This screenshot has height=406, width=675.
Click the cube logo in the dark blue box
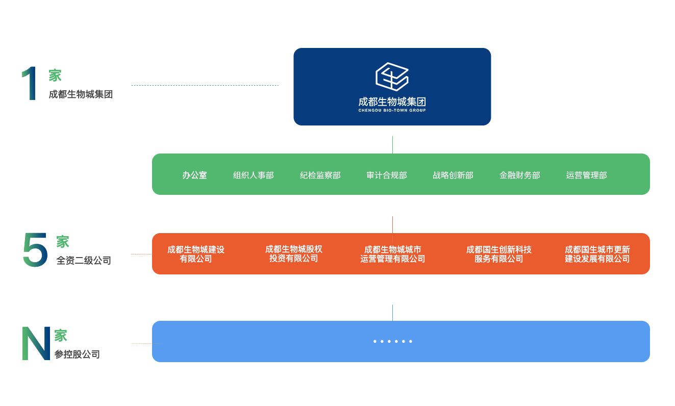pyautogui.click(x=392, y=77)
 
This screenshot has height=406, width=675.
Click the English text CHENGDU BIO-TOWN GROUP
pyautogui.click(x=392, y=110)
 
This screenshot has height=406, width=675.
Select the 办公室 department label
pyautogui.click(x=194, y=175)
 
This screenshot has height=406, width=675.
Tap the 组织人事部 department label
pyautogui.click(x=254, y=175)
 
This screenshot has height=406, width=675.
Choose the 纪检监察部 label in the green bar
pyautogui.click(x=320, y=175)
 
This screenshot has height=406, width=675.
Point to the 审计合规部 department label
pyautogui.click(x=387, y=175)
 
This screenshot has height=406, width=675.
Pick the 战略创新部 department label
pyautogui.click(x=453, y=175)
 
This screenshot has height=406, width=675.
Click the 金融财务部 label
pyautogui.click(x=519, y=175)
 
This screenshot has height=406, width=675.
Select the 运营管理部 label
pyautogui.click(x=586, y=175)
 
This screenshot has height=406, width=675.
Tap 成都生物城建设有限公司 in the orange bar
pyautogui.click(x=196, y=254)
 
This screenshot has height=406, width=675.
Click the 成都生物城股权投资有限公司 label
pyautogui.click(x=294, y=254)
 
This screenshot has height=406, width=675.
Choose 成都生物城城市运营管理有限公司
pyautogui.click(x=392, y=254)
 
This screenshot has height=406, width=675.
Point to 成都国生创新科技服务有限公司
pyautogui.click(x=498, y=254)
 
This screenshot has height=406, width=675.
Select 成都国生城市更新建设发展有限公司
pyautogui.click(x=597, y=254)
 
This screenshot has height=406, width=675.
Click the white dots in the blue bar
pyautogui.click(x=392, y=341)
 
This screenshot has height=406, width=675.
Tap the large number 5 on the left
pyautogui.click(x=35, y=250)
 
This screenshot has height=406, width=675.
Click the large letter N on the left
pyautogui.click(x=36, y=343)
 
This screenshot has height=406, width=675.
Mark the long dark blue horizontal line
pyautogui.click(x=205, y=85)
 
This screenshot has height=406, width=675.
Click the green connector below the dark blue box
pyautogui.click(x=392, y=144)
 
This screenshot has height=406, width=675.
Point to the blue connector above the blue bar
pyautogui.click(x=392, y=312)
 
